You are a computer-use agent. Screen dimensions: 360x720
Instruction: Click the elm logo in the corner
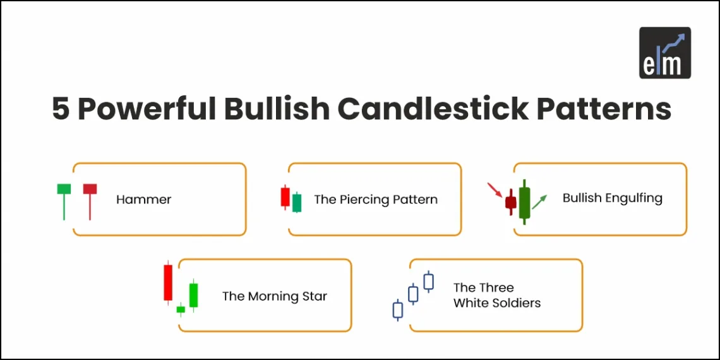click(x=664, y=52)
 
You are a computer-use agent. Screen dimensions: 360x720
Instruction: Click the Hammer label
click(x=143, y=200)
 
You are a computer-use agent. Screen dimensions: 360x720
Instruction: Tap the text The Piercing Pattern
click(x=375, y=200)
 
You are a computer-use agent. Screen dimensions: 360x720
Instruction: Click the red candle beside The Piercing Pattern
click(x=285, y=197)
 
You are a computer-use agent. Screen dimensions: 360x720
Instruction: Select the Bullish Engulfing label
click(x=612, y=198)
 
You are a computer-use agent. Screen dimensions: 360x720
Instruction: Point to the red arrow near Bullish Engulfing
click(x=495, y=189)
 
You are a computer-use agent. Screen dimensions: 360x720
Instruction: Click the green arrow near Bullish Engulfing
click(x=539, y=202)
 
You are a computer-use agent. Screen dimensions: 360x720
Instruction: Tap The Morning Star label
click(x=274, y=296)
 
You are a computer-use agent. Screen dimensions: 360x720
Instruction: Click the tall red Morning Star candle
click(x=167, y=282)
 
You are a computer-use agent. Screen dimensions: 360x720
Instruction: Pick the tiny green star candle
click(x=181, y=309)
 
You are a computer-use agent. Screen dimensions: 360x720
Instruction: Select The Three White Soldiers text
click(x=496, y=295)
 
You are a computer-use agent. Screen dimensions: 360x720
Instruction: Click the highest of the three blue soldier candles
click(x=428, y=281)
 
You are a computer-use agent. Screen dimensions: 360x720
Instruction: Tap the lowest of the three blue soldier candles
click(x=398, y=309)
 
